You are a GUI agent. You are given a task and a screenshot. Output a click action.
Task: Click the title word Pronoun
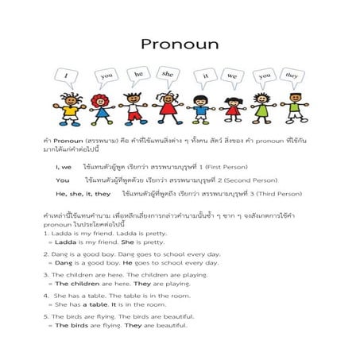point(180,44)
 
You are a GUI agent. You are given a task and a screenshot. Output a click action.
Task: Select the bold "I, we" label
point(64,168)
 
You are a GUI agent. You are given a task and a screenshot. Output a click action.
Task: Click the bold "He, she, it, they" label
point(83,193)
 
